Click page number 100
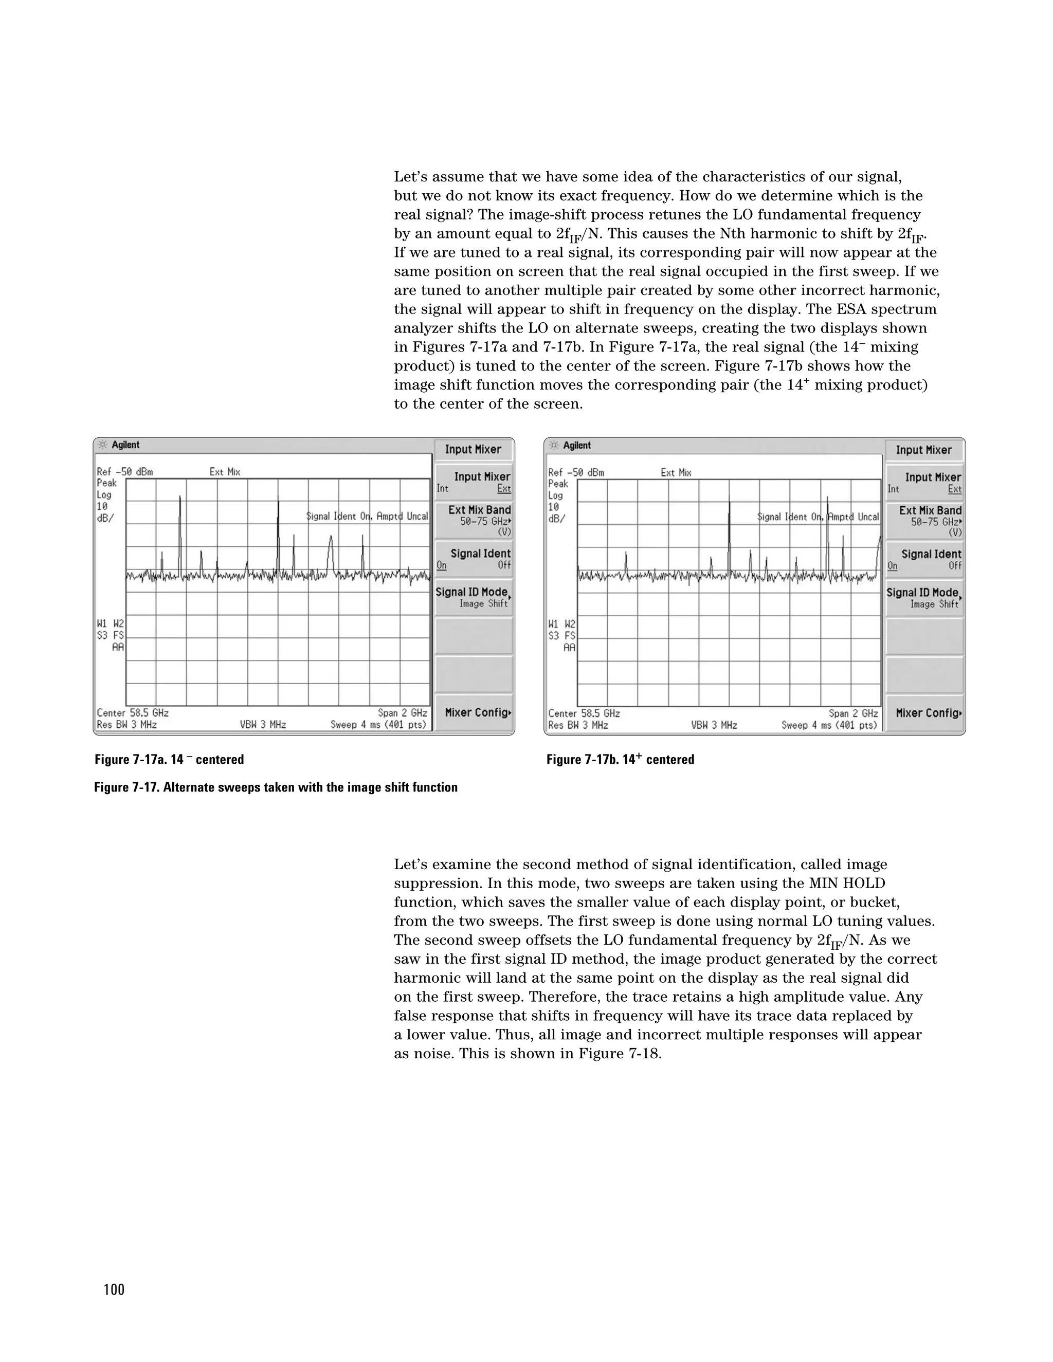click(x=114, y=1290)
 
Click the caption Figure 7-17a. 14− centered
click(x=169, y=760)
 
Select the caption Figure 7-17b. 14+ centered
click(x=620, y=760)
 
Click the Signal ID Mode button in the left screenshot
click(x=474, y=597)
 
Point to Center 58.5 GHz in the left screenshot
click(x=133, y=713)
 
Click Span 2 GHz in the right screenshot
click(x=853, y=713)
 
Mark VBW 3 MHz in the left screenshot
click(x=263, y=725)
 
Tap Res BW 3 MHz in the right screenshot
click(x=577, y=725)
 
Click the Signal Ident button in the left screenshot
click(x=474, y=559)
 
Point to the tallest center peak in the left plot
click(x=278, y=499)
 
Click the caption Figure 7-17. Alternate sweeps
click(x=276, y=787)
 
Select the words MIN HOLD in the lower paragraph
click(x=846, y=883)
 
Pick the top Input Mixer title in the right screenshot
click(x=923, y=450)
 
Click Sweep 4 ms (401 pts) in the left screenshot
click(x=378, y=725)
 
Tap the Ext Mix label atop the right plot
click(x=676, y=473)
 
